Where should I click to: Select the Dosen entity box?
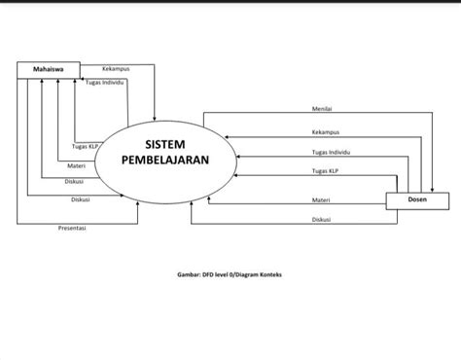(416, 200)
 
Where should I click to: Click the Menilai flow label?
(323, 108)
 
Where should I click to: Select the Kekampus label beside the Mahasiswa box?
(116, 69)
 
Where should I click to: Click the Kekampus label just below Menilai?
(326, 131)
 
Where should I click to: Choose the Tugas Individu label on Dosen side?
(332, 153)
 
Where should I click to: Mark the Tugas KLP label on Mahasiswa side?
(87, 147)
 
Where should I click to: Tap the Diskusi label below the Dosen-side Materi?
(321, 219)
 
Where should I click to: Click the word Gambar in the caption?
(187, 274)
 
